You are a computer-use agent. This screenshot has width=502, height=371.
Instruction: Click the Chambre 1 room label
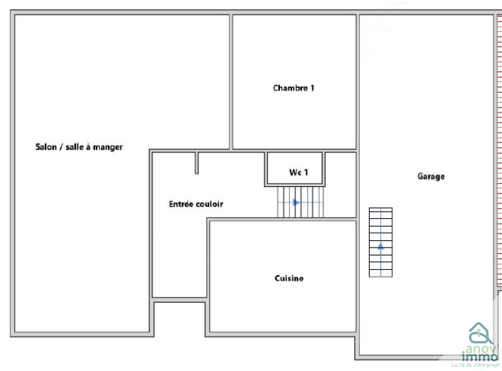pos(294,88)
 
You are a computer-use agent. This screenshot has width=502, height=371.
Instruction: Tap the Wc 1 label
pos(299,172)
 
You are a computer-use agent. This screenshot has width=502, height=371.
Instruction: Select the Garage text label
pos(431,176)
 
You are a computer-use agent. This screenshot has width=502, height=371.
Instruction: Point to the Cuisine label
pos(289,278)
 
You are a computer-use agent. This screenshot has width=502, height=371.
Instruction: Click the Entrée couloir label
pos(196,204)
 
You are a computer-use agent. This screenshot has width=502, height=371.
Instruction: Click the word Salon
pos(46,147)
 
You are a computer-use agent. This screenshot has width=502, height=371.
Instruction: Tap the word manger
pos(108,147)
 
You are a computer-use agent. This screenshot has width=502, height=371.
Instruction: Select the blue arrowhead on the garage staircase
pos(381,246)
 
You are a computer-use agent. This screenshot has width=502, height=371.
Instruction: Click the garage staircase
pos(381,242)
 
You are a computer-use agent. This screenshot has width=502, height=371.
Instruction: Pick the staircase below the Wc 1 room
pos(300,202)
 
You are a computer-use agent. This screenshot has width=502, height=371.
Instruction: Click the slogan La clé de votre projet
pos(475,365)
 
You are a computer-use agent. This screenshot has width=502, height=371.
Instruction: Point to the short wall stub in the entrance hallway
pos(197,163)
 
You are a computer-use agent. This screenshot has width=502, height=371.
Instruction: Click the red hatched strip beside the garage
pos(499,151)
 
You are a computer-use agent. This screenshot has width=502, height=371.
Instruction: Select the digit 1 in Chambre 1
pos(312,88)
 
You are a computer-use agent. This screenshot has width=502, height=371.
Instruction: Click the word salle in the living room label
pos(74,147)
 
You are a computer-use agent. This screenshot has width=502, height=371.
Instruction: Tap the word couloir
pos(210,204)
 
